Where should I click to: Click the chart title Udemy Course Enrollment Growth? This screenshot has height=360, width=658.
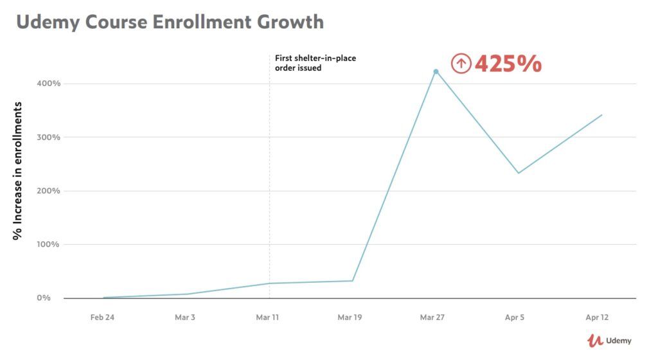pyautogui.click(x=170, y=22)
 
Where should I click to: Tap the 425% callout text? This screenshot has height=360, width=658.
pyautogui.click(x=508, y=64)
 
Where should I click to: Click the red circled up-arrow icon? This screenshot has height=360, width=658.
pyautogui.click(x=461, y=64)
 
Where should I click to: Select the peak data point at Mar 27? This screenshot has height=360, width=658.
pyautogui.click(x=436, y=71)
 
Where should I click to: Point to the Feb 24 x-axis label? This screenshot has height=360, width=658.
pyautogui.click(x=103, y=318)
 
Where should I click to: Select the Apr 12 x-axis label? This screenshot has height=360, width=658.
pyautogui.click(x=598, y=318)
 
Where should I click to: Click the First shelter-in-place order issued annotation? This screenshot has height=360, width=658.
pyautogui.click(x=315, y=63)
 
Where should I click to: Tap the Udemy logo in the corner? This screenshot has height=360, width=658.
pyautogui.click(x=610, y=341)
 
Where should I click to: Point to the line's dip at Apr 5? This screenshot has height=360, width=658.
pyautogui.click(x=519, y=173)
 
